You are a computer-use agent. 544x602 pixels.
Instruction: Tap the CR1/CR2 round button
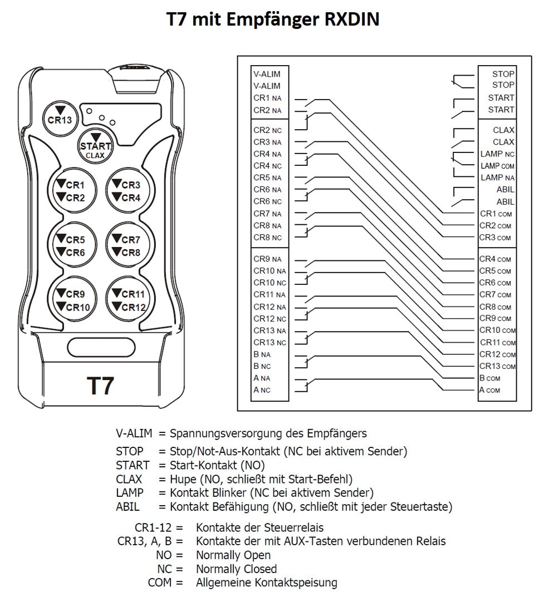click(73, 191)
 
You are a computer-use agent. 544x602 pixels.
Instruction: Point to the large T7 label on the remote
click(100, 386)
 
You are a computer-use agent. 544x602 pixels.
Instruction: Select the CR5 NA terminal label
click(267, 178)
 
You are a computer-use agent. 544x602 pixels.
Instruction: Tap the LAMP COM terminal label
click(497, 166)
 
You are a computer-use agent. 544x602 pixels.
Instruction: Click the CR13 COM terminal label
click(497, 366)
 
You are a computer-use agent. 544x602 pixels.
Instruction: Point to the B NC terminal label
click(262, 367)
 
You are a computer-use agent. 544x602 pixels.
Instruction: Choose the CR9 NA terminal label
click(267, 259)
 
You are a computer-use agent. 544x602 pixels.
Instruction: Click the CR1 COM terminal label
click(496, 214)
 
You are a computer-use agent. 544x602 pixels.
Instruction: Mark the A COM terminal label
click(489, 390)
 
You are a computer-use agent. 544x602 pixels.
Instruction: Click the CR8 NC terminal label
click(267, 238)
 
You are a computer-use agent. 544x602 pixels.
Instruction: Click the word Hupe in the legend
click(183, 479)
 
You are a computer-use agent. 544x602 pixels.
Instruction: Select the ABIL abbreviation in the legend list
click(128, 507)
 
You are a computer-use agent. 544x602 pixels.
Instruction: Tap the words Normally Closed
click(236, 569)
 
